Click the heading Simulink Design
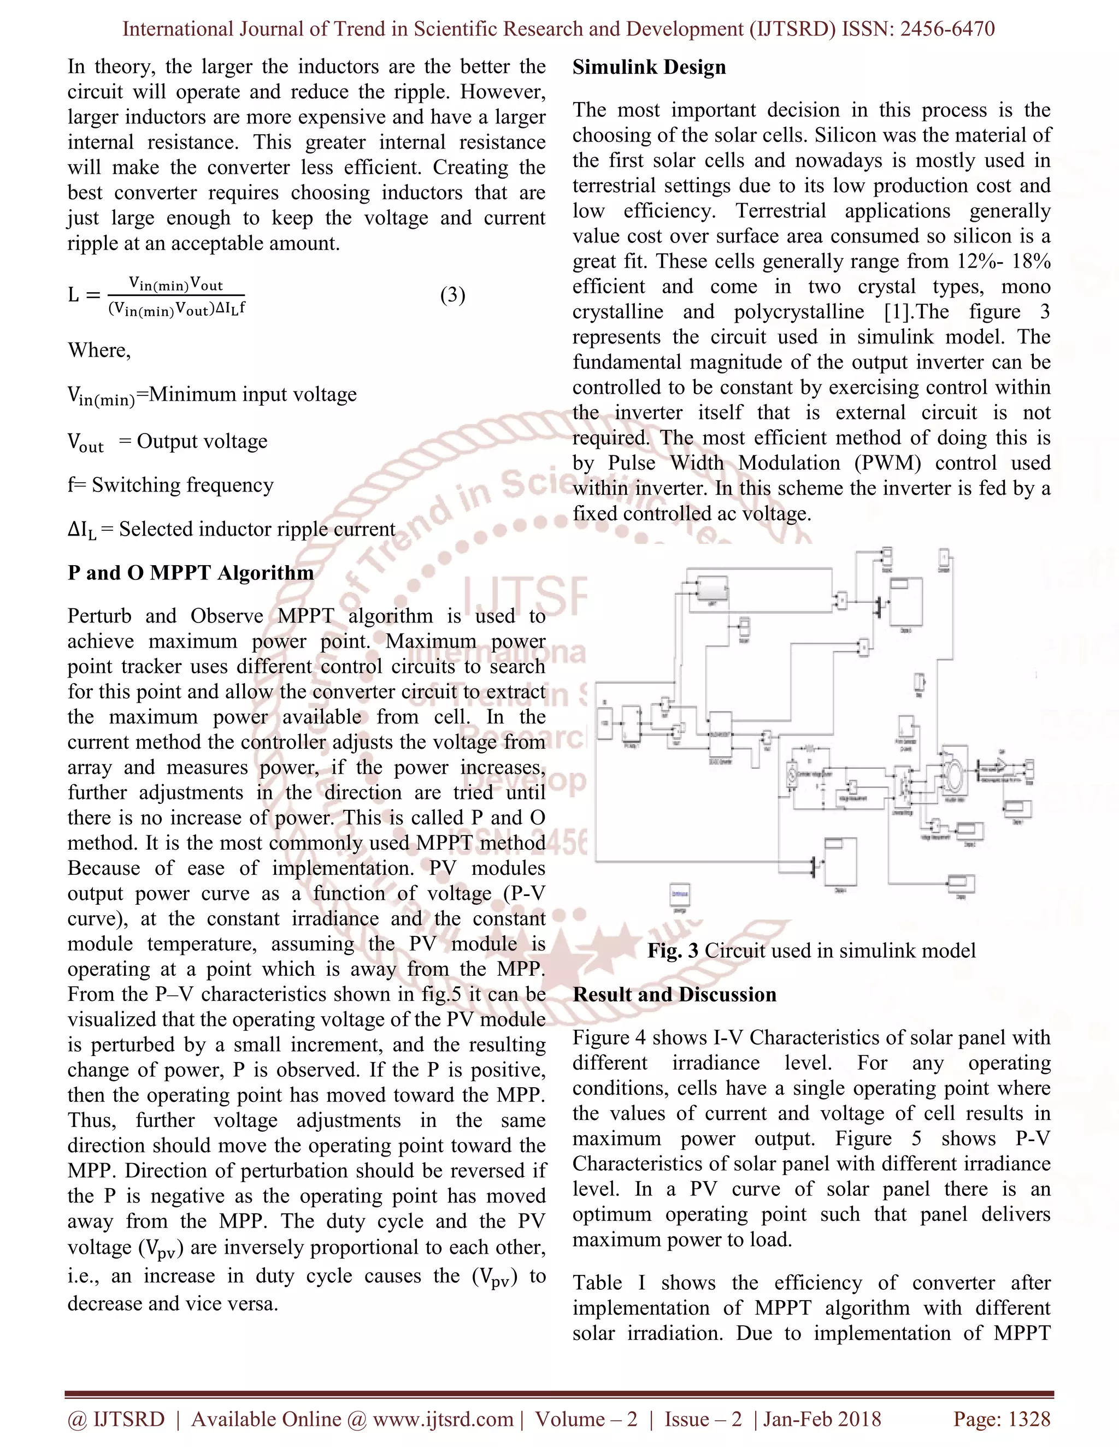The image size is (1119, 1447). (x=649, y=67)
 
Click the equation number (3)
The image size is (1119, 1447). (x=453, y=295)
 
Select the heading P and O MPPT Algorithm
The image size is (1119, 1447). (x=190, y=572)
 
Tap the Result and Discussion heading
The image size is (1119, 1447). (x=674, y=994)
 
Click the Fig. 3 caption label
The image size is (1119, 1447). (x=672, y=951)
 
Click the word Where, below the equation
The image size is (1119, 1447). (x=99, y=351)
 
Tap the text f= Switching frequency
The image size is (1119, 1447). (x=170, y=485)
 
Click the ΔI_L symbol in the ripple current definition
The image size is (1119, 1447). (x=81, y=530)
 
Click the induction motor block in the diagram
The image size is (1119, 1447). (x=955, y=772)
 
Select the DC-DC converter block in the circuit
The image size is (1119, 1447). (x=720, y=733)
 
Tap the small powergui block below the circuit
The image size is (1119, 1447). (x=680, y=894)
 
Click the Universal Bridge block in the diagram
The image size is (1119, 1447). (x=903, y=786)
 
